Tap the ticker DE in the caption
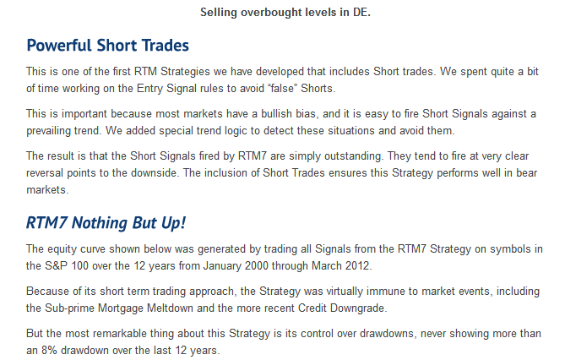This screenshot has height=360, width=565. point(361,13)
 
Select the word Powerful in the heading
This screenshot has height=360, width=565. point(59,46)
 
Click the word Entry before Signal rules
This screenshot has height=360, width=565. point(149,89)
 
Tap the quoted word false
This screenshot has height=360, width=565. point(282,89)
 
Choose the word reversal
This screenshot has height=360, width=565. point(45,172)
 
